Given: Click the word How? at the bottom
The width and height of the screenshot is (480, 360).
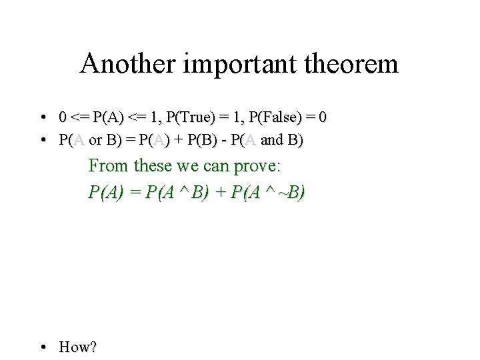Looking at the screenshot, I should click(78, 347).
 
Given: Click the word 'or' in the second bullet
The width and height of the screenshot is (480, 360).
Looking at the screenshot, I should click(96, 141).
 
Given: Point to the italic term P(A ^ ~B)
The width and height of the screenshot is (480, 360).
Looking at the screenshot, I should click(267, 193).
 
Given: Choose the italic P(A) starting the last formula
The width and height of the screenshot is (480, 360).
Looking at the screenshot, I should click(106, 193).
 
